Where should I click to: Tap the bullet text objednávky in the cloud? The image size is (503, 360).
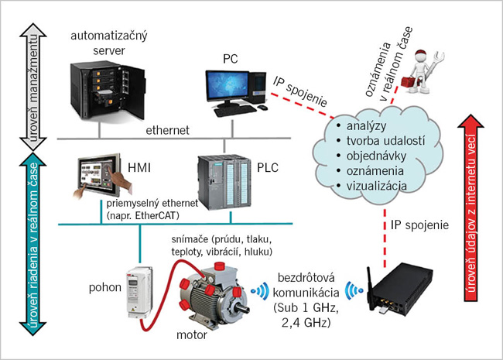(x=376, y=156)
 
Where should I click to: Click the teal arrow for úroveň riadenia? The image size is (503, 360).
(x=30, y=248)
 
